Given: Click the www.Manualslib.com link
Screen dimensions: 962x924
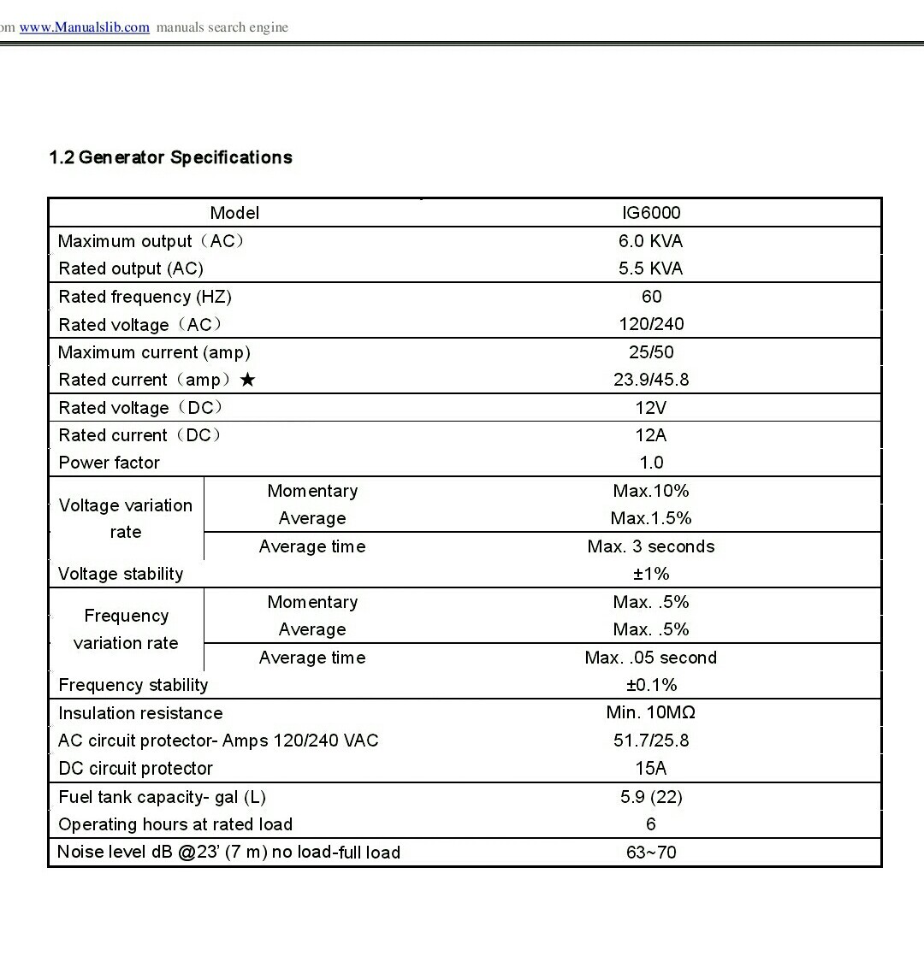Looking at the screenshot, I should click(x=84, y=27).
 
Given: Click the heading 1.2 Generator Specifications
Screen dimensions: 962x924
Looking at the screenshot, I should click(x=171, y=157).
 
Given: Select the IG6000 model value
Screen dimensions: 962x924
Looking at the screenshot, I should click(x=651, y=213).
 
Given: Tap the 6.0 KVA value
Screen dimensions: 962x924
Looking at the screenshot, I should click(x=651, y=241).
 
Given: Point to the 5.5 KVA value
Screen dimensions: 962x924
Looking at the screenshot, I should click(x=651, y=269).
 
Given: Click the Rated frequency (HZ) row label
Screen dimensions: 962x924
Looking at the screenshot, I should click(x=145, y=297).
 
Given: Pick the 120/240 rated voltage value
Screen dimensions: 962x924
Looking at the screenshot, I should click(x=651, y=324).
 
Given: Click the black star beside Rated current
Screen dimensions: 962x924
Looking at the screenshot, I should click(x=247, y=380).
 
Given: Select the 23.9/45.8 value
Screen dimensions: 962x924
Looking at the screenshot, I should click(x=651, y=380).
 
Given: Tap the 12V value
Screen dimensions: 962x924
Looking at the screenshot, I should click(x=651, y=408).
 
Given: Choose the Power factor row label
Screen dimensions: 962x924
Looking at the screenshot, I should click(x=109, y=463).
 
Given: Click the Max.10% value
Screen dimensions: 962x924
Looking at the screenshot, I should click(x=651, y=491).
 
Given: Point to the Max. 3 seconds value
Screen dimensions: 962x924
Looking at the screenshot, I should click(x=651, y=546).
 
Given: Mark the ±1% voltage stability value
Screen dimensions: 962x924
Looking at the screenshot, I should click(x=651, y=574).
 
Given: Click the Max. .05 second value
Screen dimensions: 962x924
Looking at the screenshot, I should click(x=651, y=658).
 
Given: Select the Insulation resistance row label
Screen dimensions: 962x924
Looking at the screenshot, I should click(x=140, y=713).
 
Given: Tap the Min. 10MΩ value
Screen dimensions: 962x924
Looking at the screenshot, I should click(x=651, y=712).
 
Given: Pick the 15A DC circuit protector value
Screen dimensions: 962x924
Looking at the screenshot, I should click(x=651, y=768).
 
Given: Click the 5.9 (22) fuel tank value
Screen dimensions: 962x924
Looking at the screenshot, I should click(x=651, y=797).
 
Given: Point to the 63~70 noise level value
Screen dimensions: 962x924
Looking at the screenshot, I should click(x=651, y=852).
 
